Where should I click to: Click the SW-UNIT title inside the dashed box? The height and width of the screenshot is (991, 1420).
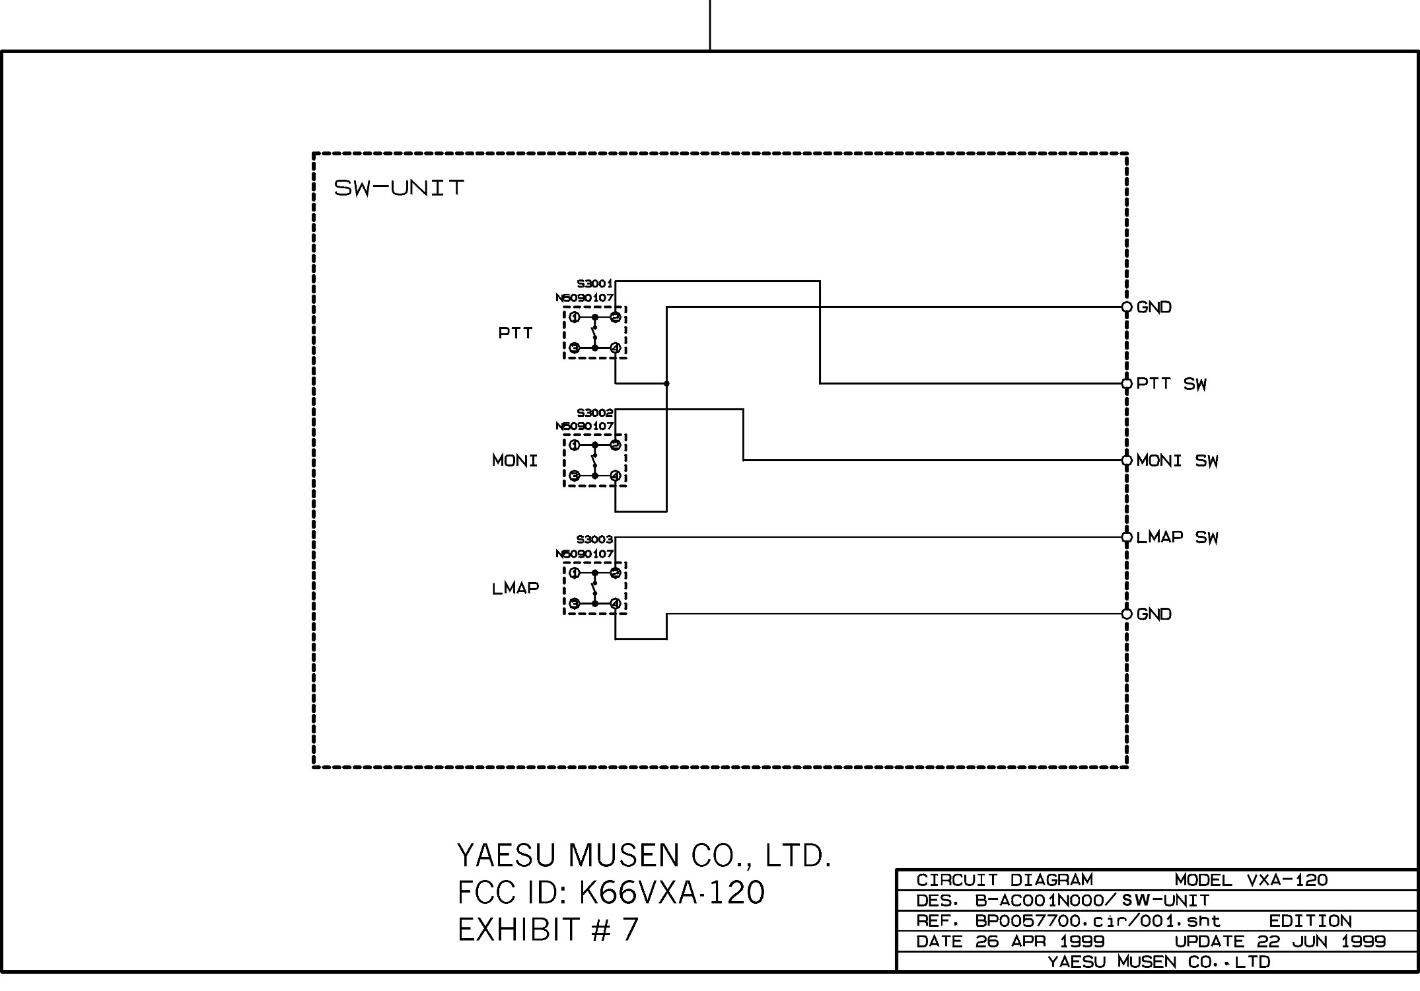[399, 188]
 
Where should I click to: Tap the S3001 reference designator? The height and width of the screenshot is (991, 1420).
[594, 284]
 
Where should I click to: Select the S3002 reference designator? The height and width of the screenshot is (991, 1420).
[594, 413]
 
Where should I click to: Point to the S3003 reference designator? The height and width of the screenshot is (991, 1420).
[594, 540]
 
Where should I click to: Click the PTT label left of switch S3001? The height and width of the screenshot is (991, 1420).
[515, 333]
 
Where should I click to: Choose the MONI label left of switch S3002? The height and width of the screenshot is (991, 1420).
[515, 460]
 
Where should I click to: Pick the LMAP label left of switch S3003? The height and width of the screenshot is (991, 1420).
[515, 588]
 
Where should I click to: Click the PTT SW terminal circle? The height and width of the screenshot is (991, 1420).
[1127, 384]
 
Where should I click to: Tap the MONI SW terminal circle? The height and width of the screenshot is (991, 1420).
[1127, 460]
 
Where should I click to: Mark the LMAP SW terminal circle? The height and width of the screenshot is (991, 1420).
[1127, 537]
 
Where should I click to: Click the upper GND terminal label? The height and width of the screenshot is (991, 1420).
[1154, 307]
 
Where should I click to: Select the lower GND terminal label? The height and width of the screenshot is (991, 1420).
[1154, 614]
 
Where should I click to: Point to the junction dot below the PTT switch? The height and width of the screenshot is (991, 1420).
[666, 384]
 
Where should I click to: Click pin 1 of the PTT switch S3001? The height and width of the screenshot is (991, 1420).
[575, 318]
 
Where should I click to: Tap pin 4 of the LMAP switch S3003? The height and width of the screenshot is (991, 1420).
[615, 603]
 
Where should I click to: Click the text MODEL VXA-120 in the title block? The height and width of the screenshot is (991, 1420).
[1251, 881]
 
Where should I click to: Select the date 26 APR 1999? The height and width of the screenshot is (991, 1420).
[1040, 941]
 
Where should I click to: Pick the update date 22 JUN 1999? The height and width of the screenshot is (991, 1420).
[1321, 941]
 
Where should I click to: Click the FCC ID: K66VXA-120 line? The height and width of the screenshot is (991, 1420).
[611, 893]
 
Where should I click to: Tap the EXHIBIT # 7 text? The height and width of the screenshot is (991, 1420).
[548, 930]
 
